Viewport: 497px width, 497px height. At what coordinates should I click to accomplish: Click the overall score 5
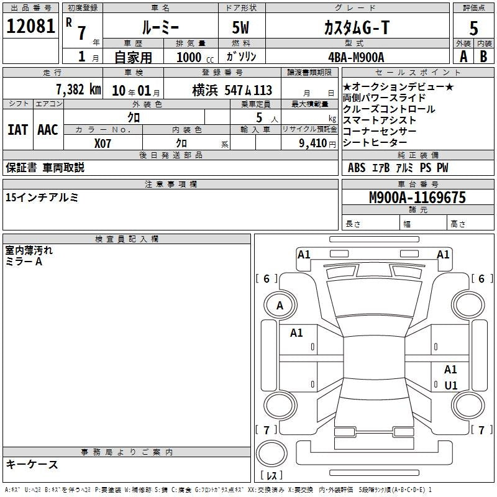click(x=474, y=29)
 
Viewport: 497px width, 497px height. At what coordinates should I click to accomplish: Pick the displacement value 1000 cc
click(x=194, y=57)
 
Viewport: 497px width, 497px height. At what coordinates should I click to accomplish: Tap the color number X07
click(x=103, y=142)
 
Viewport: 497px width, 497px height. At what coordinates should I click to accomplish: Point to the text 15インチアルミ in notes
click(x=42, y=198)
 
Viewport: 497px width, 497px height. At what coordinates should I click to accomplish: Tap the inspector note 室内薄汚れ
click(x=29, y=251)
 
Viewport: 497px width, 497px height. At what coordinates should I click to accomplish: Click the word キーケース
click(x=32, y=464)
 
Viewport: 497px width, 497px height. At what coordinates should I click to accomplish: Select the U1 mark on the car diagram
click(x=451, y=386)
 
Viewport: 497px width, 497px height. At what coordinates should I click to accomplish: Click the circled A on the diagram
click(x=280, y=306)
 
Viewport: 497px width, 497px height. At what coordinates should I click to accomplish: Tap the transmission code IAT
click(x=17, y=130)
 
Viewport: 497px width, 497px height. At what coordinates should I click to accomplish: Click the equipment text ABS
click(x=357, y=168)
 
